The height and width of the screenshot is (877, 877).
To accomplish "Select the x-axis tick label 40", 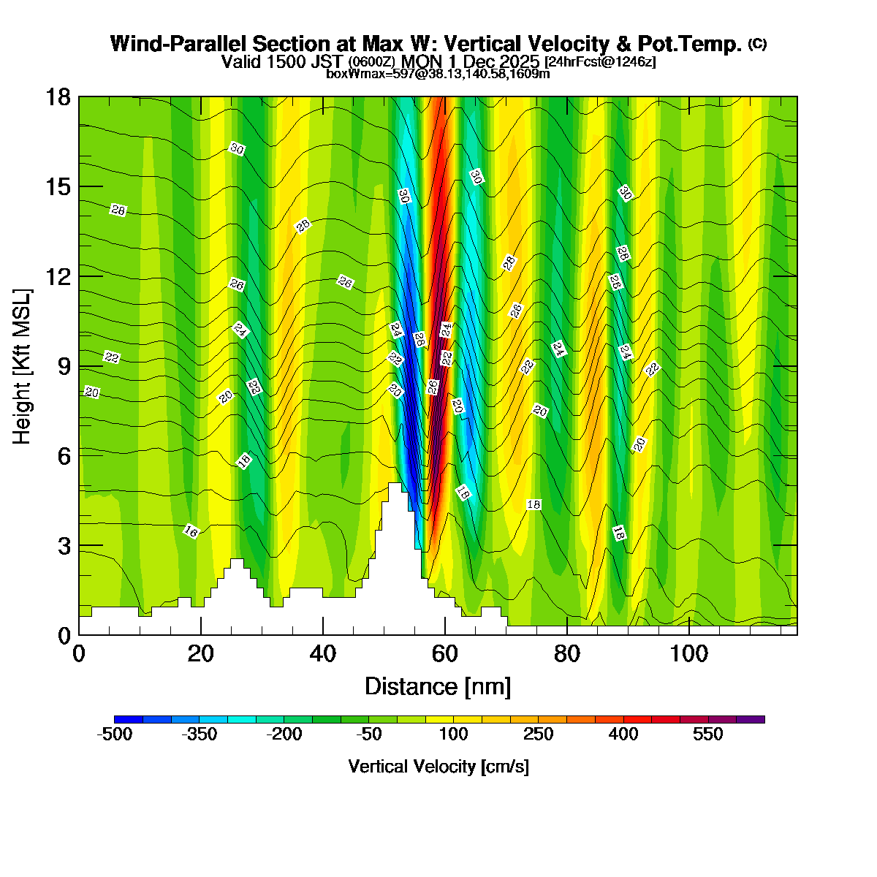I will pos(322,653).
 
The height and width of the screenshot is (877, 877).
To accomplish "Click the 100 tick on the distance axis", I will pos(689,653).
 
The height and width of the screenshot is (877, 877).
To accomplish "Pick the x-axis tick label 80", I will pos(567,653).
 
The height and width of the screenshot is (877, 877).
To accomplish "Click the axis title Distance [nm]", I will pos(437,686).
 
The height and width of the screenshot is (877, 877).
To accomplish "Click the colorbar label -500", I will pos(115,734).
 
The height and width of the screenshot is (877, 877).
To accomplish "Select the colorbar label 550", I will pos(708,734).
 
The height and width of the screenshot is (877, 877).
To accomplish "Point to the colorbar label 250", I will pos(539,734).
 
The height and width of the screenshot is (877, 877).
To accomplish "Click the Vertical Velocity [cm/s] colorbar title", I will pos(438,767).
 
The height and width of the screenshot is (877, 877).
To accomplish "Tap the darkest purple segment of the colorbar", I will pos(751,719).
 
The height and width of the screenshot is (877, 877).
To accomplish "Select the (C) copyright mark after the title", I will pos(757,44).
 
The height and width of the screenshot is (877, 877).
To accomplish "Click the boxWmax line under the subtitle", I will pos(438,73).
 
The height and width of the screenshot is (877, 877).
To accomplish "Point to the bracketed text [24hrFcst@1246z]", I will pos(600,62).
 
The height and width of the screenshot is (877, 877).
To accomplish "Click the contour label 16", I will pos(191,531).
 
